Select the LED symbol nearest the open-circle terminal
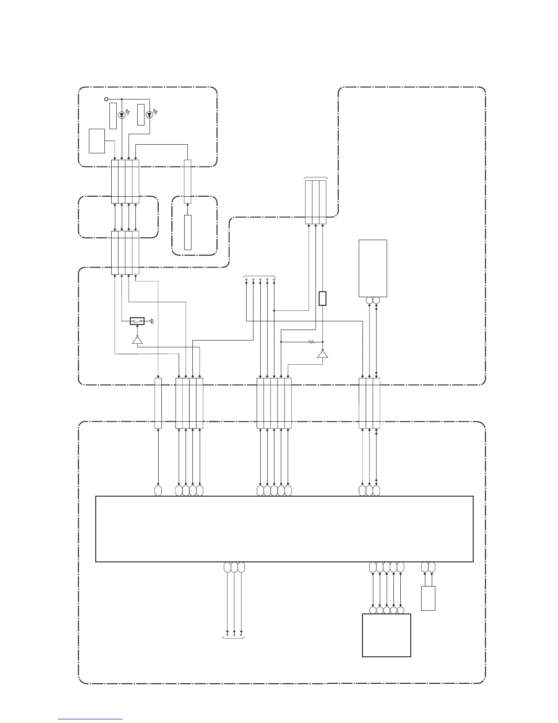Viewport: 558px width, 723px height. tap(121, 115)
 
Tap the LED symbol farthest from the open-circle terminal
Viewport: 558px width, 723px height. tap(149, 115)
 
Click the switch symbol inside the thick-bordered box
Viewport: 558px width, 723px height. tap(137, 321)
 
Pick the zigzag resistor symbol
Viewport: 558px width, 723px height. tap(312, 341)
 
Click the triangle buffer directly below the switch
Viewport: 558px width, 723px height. tap(137, 340)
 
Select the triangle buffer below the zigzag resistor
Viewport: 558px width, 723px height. tap(322, 354)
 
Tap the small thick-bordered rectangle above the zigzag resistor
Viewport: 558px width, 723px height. tap(322, 299)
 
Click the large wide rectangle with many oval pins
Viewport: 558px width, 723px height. tap(284, 529)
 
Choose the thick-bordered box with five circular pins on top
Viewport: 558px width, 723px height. tap(386, 635)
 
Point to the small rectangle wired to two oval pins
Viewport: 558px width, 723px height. tap(428, 598)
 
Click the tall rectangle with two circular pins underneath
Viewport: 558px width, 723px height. tap(373, 268)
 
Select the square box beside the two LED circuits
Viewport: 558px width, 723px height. tap(97, 141)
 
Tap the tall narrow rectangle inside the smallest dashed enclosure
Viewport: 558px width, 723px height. tap(188, 232)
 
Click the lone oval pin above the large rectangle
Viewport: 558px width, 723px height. tap(158, 491)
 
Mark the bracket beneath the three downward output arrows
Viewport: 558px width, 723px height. tap(234, 638)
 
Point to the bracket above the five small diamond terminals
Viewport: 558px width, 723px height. tap(260, 277)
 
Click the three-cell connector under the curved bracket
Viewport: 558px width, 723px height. tap(315, 202)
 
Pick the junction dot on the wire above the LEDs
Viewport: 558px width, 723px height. tap(121, 99)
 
